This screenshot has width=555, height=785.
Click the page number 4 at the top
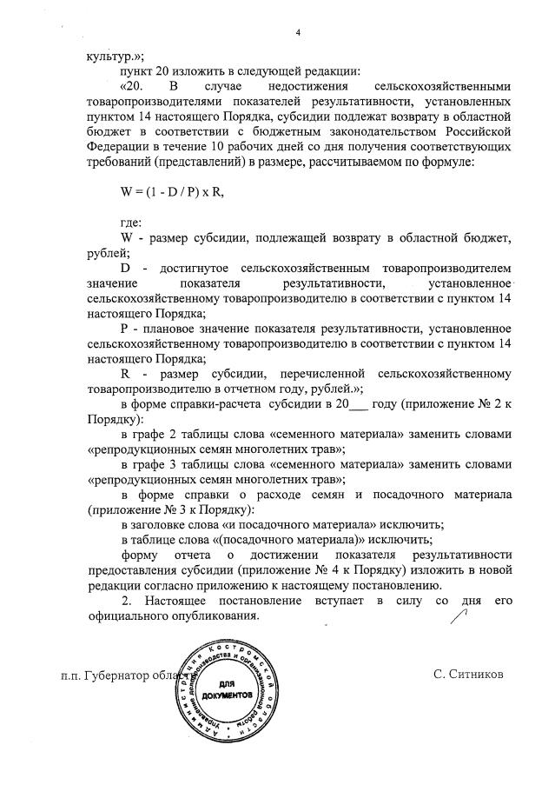click(297, 33)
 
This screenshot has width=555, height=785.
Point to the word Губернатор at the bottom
click(122, 675)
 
